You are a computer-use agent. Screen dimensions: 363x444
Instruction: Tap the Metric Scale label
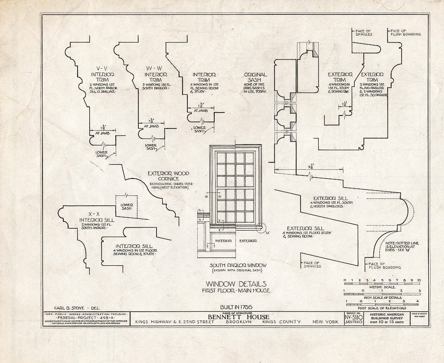point(382,287)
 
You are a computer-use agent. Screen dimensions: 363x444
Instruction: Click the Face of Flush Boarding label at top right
point(405,33)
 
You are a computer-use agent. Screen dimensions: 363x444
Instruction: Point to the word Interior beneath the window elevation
point(224,240)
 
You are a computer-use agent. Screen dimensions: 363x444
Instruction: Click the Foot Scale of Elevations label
point(382,308)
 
